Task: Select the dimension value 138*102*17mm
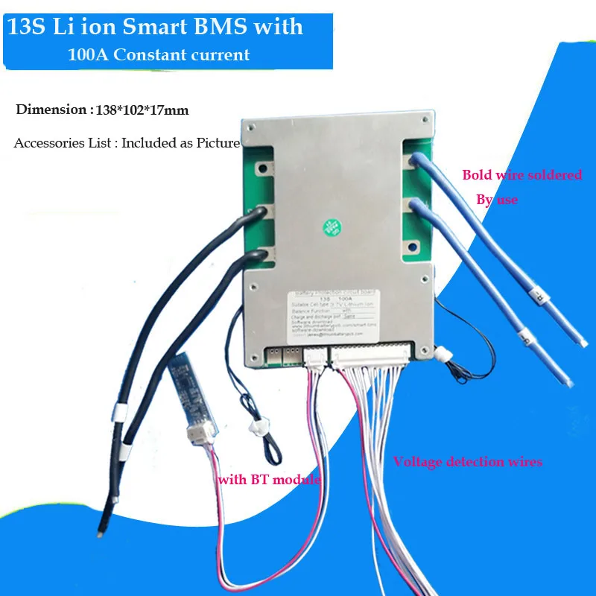point(142,110)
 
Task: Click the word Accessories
point(48,143)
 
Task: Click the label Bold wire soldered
point(521,175)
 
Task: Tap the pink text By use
point(497,200)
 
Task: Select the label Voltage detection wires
point(467,462)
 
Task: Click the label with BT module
point(269,480)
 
